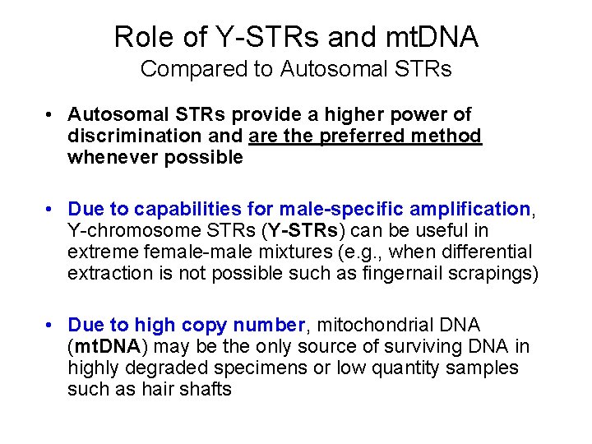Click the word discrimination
[133, 136]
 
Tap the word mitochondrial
[373, 325]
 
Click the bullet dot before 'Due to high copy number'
[51, 326]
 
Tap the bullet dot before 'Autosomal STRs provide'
[51, 115]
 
